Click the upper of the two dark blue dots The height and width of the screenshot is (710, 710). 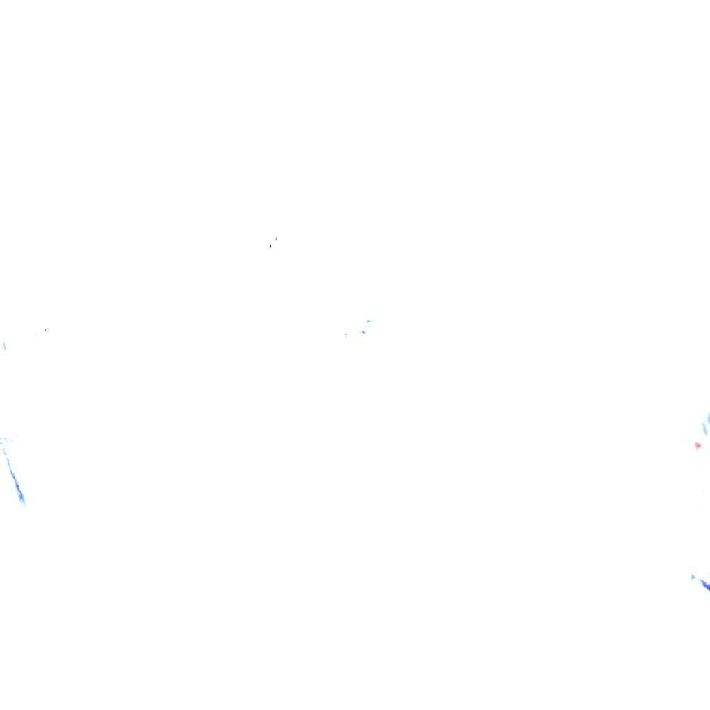coord(276,239)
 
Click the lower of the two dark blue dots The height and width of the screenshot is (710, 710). coord(270,245)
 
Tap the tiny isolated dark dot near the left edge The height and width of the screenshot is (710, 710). coord(46,329)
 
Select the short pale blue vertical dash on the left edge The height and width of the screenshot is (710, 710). coord(4,345)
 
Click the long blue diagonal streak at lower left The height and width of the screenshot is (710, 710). coord(14,475)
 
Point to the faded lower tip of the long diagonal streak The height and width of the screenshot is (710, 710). coord(24,503)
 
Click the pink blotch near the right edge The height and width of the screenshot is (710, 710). coord(698,446)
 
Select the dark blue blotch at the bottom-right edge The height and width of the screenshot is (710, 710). coord(705,585)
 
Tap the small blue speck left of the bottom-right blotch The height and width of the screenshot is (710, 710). coord(693,576)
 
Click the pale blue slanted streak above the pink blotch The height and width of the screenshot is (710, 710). coord(704,428)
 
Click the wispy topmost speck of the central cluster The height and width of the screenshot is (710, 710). coord(369,321)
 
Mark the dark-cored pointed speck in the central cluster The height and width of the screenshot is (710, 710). coord(363,332)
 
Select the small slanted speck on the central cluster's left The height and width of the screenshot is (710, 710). coord(346,334)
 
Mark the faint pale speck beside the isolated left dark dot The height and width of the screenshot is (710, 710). coord(36,334)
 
